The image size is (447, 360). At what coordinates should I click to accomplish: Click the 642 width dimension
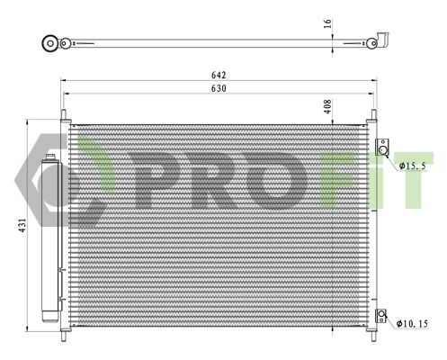coord(219,75)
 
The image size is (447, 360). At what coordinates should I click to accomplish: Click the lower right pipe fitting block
coord(382,316)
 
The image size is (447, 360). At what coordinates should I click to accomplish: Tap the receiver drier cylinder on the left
coord(49,238)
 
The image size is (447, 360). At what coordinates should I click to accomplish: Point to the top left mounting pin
coord(65,117)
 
